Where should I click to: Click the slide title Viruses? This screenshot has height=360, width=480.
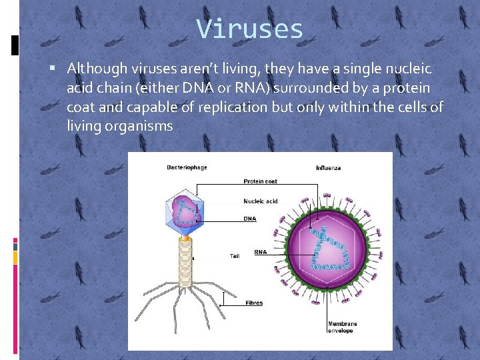(250, 29)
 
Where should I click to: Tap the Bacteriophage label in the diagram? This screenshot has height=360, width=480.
(187, 167)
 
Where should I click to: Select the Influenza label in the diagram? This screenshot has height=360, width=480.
(329, 168)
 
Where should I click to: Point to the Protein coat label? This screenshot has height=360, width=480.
(260, 181)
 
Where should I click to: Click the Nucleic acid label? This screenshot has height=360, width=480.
(261, 201)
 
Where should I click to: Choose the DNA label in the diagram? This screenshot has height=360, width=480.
(250, 219)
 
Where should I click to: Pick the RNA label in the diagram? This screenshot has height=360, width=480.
(261, 252)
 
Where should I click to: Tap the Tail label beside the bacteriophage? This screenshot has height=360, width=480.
(235, 256)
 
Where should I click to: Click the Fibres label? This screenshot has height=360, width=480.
(254, 303)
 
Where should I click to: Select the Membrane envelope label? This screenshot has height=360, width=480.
(343, 327)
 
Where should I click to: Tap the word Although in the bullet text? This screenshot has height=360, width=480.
(95, 69)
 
